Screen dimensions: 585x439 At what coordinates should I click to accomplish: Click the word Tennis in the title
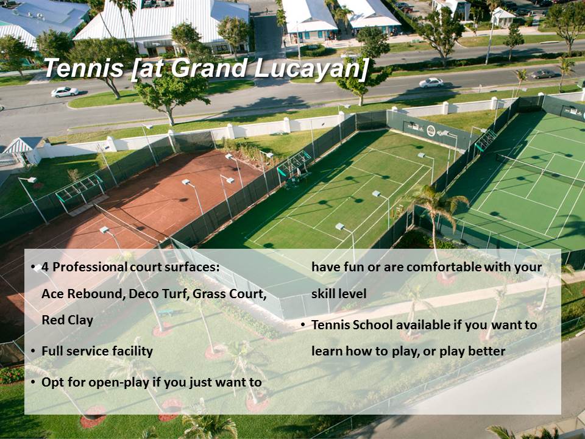[x=84, y=68]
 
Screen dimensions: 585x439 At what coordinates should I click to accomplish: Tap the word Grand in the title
[x=210, y=68]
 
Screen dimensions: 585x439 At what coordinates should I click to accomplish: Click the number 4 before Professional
[x=45, y=267]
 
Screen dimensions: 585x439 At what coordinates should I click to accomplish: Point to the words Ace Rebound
[x=82, y=294]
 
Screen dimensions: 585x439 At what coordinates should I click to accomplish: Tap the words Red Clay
[x=67, y=320]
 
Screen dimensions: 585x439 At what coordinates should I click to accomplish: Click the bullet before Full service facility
[x=33, y=351]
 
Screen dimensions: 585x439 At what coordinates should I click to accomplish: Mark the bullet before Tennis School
[x=303, y=325]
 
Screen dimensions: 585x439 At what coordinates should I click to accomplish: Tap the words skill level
[x=339, y=293]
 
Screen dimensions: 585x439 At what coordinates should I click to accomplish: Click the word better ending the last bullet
[x=487, y=351]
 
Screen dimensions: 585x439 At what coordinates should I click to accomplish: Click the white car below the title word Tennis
[x=65, y=92]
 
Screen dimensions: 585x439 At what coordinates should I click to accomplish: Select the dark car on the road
[x=543, y=74]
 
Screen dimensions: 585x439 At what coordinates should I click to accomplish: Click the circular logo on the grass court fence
[x=431, y=131]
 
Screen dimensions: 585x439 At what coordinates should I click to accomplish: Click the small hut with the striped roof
[x=24, y=150]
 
